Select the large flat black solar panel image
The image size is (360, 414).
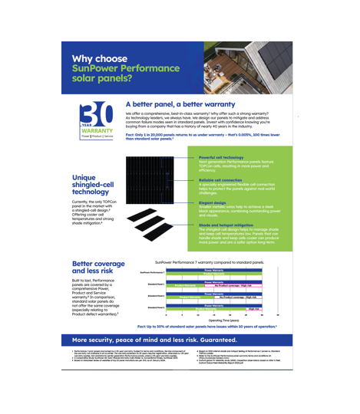(x=153, y=199)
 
